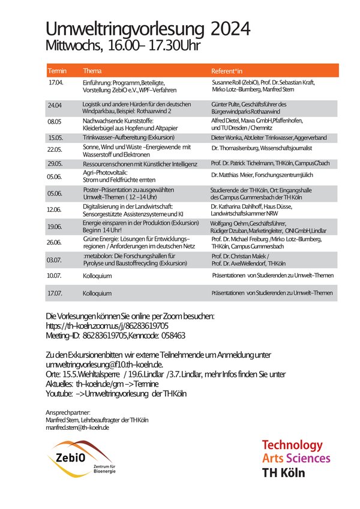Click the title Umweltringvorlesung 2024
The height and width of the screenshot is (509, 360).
(148, 29)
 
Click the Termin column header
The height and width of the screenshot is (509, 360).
(58, 70)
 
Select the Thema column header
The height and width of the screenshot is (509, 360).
(93, 70)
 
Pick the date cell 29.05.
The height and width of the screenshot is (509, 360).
(56, 163)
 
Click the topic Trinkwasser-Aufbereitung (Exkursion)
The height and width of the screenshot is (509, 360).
(124, 137)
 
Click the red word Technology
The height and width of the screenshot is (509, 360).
(292, 445)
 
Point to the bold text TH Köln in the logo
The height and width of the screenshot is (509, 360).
(283, 472)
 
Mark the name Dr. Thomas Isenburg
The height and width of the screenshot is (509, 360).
(242, 148)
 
